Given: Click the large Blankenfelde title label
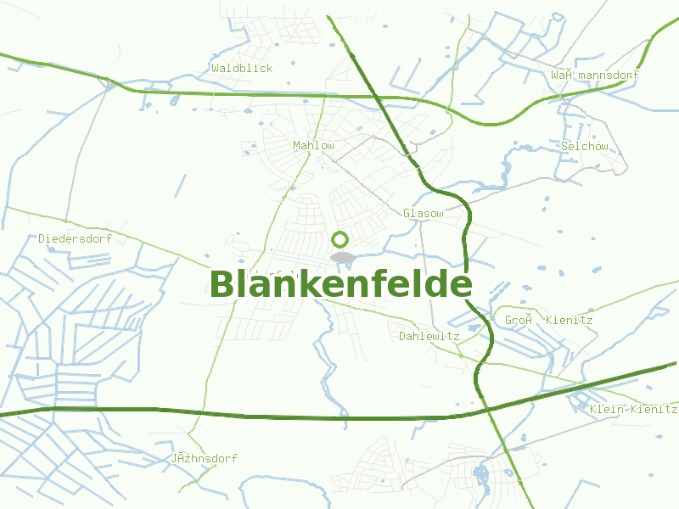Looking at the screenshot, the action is pyautogui.click(x=339, y=285).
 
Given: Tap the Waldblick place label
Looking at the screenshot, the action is pyautogui.click(x=242, y=68).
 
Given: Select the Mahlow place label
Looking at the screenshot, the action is pyautogui.click(x=313, y=146).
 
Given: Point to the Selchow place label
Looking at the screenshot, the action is pyautogui.click(x=584, y=147).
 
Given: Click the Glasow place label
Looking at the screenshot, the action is pyautogui.click(x=423, y=214).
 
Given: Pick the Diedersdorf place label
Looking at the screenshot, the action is pyautogui.click(x=75, y=239).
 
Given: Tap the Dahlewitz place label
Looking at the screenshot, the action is pyautogui.click(x=429, y=337).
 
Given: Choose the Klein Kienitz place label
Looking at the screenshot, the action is pyautogui.click(x=633, y=410).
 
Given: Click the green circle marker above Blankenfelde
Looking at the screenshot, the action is pyautogui.click(x=340, y=239).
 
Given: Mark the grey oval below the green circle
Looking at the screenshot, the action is pyautogui.click(x=342, y=257).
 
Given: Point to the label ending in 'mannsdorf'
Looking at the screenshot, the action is pyautogui.click(x=594, y=76).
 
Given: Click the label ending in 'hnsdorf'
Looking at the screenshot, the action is pyautogui.click(x=204, y=459).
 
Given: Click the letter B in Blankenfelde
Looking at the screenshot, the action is pyautogui.click(x=222, y=285).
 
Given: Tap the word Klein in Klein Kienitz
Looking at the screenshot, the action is pyautogui.click(x=607, y=410).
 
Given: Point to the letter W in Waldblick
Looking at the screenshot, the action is pyautogui.click(x=216, y=68).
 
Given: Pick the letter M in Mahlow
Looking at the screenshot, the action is pyautogui.click(x=296, y=146).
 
